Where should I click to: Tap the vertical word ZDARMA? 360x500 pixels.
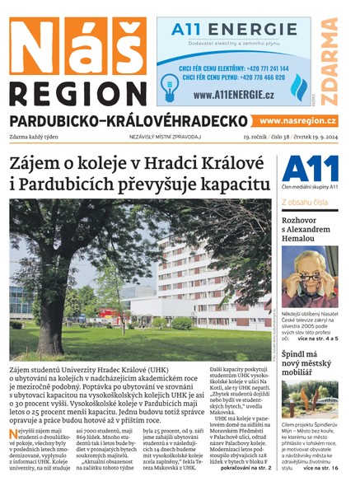(330, 62)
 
